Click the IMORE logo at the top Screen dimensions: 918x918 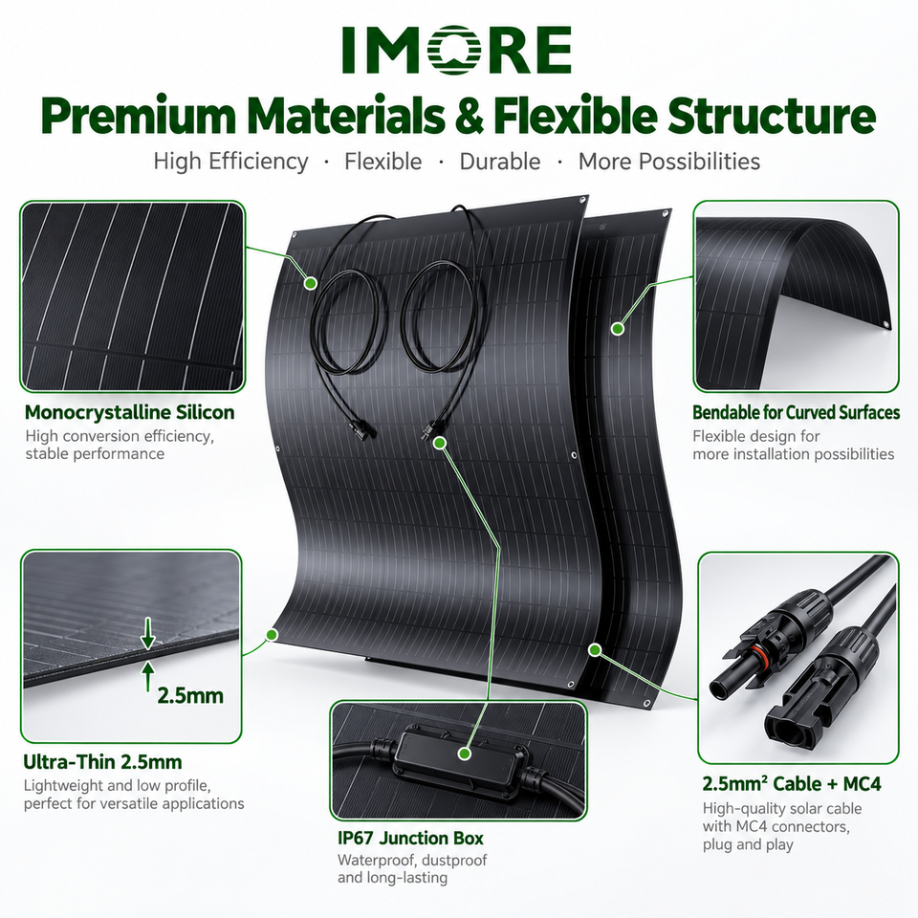[x=457, y=50]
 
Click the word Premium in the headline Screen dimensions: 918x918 [x=138, y=116]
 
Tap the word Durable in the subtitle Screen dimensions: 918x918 [x=500, y=162]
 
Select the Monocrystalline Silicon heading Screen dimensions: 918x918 [x=129, y=412]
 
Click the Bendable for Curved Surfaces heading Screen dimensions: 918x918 [x=797, y=412]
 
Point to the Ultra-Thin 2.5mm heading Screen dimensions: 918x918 [x=102, y=762]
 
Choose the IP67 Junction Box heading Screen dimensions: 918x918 [x=410, y=839]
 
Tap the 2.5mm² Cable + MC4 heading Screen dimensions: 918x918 [x=792, y=783]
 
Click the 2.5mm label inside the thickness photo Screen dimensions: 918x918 [x=191, y=695]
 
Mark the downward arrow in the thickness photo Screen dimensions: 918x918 [x=148, y=633]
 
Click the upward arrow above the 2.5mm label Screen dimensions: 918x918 [x=148, y=676]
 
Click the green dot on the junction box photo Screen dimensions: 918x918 [x=465, y=754]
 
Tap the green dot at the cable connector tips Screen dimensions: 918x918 [x=441, y=443]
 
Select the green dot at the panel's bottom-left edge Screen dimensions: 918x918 [x=272, y=634]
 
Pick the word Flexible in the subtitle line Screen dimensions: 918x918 [x=382, y=162]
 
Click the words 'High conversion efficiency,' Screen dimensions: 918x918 [x=120, y=436]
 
